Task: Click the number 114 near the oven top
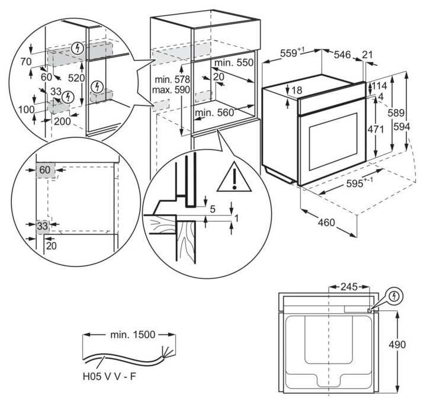coord(380,86)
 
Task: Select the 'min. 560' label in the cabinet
coord(216,111)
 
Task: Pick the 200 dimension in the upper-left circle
coord(61,121)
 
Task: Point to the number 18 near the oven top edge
coord(297,90)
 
